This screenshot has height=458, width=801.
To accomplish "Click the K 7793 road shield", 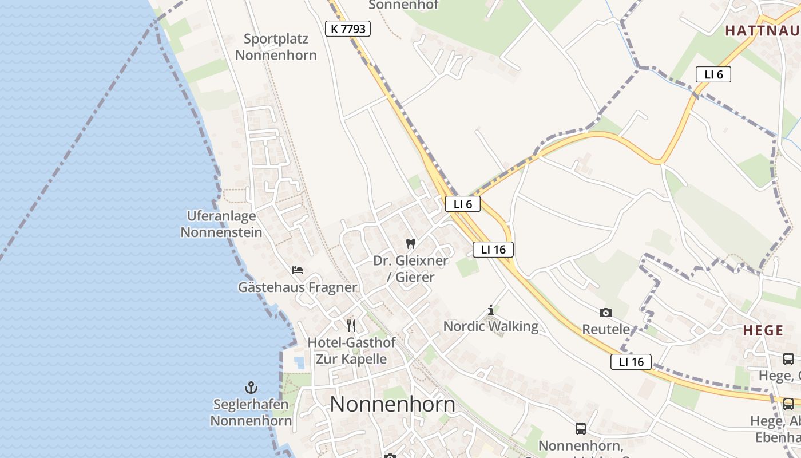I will click(348, 29).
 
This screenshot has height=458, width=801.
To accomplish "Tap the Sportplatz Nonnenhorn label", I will click(276, 47).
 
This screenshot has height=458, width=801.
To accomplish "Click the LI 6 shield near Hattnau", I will click(713, 74).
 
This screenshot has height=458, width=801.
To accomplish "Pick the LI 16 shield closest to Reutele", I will click(631, 362).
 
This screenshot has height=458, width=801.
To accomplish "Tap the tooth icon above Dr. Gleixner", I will click(410, 243).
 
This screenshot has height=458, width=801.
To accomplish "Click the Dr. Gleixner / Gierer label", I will click(411, 269).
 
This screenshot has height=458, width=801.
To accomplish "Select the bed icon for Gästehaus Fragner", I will click(297, 270).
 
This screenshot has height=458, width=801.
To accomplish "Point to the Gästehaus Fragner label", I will click(298, 287).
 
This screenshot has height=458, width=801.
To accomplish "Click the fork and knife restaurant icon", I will click(351, 326).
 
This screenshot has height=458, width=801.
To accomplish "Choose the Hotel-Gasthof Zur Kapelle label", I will click(351, 350).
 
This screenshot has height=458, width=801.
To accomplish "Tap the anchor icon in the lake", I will click(251, 388).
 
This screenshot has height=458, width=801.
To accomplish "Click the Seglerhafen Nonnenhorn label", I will click(251, 412).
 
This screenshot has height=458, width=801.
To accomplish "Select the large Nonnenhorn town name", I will click(392, 404).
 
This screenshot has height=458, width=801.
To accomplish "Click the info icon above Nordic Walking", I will click(491, 310).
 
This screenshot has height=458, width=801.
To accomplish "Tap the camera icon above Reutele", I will click(606, 313).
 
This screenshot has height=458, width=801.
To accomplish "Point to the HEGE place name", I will click(763, 330).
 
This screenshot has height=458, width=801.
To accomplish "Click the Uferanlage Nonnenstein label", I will click(221, 224).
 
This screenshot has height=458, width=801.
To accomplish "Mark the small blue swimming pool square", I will click(299, 362).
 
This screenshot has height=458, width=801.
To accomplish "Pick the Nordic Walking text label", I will click(491, 326).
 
